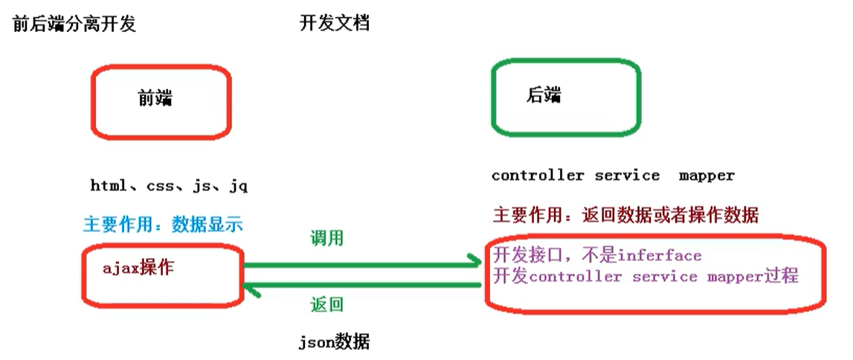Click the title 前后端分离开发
point(74,25)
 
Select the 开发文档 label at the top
point(335,24)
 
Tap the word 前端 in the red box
point(155,98)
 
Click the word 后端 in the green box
point(544,94)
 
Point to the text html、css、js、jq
point(169,186)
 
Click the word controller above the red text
point(538,176)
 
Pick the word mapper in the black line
point(706,176)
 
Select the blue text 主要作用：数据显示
point(163,225)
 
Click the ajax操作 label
point(138,268)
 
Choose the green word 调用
point(327,239)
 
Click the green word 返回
point(327,304)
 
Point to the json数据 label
point(334,343)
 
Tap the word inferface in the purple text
point(659,256)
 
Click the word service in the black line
point(627,176)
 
